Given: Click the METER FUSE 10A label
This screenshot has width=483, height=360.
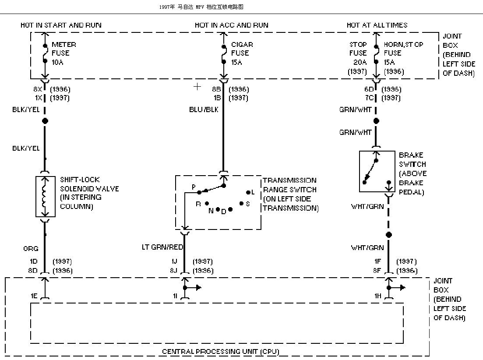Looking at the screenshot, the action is point(64,53).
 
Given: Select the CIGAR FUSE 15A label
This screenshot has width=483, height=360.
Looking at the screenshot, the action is point(242,53).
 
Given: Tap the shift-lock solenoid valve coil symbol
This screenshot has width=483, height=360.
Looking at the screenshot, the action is point(45,197).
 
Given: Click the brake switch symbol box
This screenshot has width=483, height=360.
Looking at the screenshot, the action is point(377,172).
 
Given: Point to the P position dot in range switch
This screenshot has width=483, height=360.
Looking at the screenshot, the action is point(199,192).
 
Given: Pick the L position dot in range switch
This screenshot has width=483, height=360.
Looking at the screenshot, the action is point(248,192).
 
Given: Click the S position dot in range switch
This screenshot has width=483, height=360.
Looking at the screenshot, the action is point(242,203).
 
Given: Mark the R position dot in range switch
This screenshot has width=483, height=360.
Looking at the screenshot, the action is point(207,203).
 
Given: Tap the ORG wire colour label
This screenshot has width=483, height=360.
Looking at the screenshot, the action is point(31,248).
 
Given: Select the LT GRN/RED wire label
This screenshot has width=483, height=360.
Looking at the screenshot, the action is point(162,247).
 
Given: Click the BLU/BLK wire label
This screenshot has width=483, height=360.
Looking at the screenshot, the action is point(204,109).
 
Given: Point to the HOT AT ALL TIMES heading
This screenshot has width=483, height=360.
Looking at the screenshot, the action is point(377,25).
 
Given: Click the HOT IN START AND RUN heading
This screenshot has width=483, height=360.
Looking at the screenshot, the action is point(61,25).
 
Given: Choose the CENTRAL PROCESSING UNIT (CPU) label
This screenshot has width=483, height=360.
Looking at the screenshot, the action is point(221,351).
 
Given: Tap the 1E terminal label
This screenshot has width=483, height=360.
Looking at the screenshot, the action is point(34,296).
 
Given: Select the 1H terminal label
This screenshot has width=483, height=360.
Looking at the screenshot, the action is point(377,296).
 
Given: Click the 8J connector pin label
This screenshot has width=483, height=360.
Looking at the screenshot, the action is point(174,271).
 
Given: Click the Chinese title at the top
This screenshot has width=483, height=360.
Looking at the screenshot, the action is point(201,7).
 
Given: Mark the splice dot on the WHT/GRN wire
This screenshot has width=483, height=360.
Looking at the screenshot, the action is point(389,235).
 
